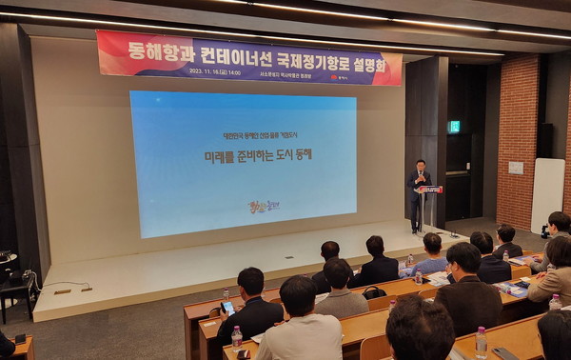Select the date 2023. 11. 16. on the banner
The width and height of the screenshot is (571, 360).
pyautogui.click(x=210, y=70)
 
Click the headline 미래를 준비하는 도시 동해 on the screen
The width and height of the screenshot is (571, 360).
pyautogui.click(x=245, y=154)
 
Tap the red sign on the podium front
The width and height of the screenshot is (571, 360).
pyautogui.click(x=430, y=190)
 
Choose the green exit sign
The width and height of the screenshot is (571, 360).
pyautogui.click(x=454, y=127)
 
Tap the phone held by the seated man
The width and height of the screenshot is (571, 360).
pyautogui.click(x=228, y=307)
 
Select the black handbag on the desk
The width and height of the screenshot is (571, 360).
pyautogui.click(x=374, y=292)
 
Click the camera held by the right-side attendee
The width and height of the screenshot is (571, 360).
pyautogui.click(x=545, y=231)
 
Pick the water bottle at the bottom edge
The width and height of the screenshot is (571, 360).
pyautogui.click(x=481, y=342)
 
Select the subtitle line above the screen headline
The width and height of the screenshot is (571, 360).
pyautogui.click(x=243, y=136)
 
